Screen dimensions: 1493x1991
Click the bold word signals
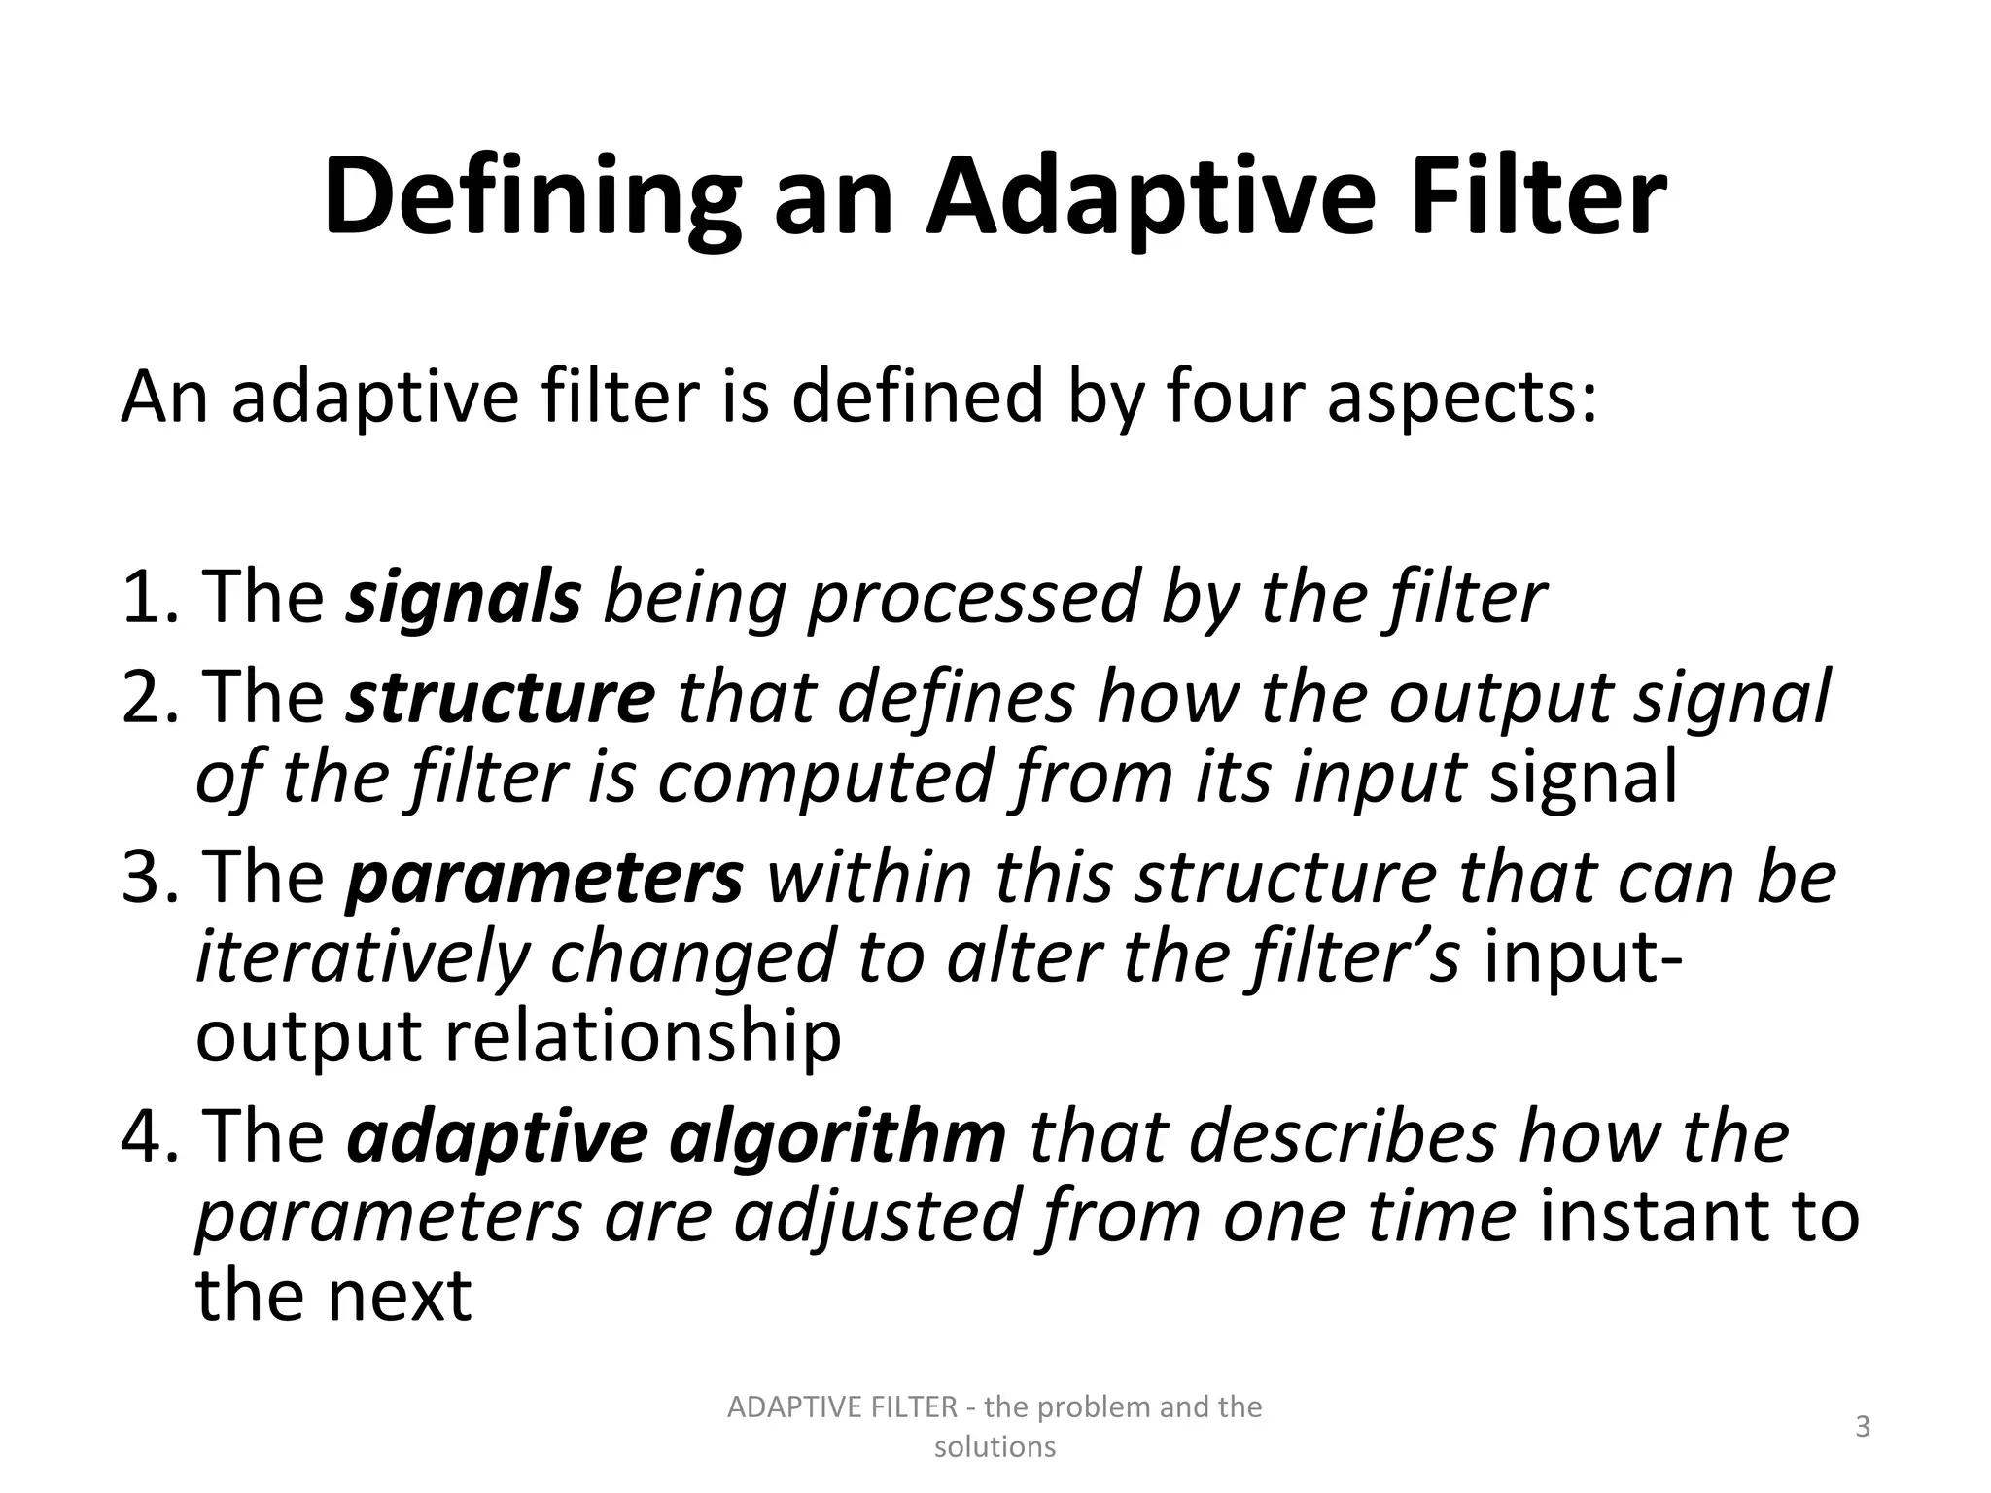(464, 597)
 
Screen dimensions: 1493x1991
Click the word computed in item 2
(825, 778)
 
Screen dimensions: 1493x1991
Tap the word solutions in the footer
(995, 1447)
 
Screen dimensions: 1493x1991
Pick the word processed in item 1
(973, 597)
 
